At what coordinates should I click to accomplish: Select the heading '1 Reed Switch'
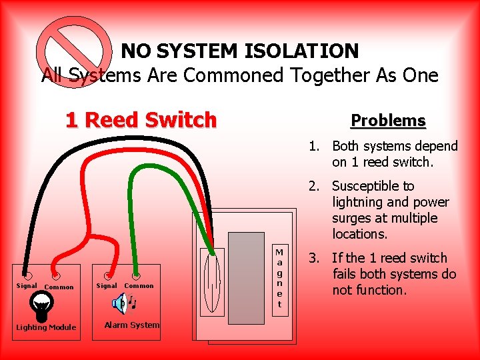[141, 120]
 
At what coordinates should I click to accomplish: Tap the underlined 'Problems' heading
[388, 121]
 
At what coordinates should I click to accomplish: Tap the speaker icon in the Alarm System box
[120, 304]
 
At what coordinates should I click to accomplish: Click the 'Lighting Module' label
[46, 327]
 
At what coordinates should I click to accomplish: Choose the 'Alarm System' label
[132, 325]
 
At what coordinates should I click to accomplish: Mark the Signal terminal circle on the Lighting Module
[27, 275]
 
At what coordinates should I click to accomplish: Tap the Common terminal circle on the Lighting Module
[56, 275]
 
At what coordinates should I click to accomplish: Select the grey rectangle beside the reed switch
[246, 273]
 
